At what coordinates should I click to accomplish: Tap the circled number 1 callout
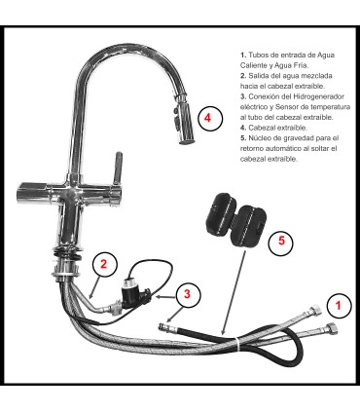click(x=338, y=305)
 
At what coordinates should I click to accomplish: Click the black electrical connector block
click(x=131, y=289)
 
